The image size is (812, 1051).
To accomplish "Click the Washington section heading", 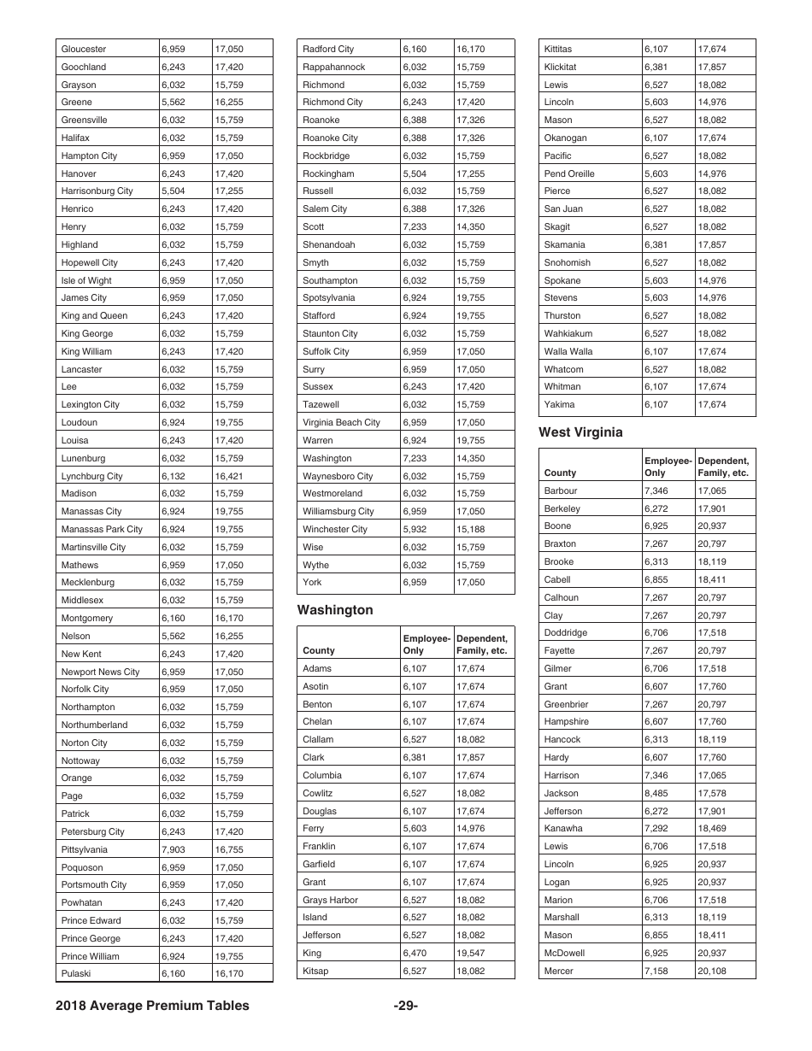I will click(335, 610).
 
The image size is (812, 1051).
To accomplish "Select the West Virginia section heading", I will click(580, 432).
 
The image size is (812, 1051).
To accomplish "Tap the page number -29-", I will click(406, 1006).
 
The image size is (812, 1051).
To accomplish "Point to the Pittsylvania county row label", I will click(85, 849).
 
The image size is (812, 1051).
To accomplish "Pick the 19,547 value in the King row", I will click(470, 953).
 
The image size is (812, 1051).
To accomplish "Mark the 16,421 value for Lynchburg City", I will click(229, 476).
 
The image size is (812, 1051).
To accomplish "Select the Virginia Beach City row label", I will click(341, 422).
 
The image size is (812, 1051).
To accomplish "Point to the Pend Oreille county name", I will click(569, 173).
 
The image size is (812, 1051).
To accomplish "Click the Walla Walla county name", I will click(568, 351).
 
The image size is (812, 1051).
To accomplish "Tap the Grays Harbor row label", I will click(330, 900).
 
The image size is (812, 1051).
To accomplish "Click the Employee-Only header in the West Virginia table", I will click(667, 466).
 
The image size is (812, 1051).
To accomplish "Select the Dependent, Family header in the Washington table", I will click(482, 644).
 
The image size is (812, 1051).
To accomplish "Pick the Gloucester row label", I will click(84, 49).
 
